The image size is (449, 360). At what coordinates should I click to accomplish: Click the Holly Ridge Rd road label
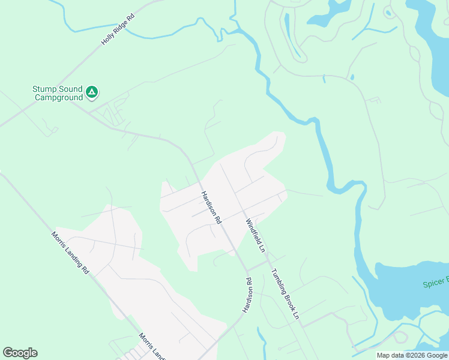tap(118, 29)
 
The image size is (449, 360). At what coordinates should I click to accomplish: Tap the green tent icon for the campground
tap(92, 92)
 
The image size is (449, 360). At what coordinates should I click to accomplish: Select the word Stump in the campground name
tap(43, 89)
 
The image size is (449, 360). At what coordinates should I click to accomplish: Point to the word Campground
tap(59, 97)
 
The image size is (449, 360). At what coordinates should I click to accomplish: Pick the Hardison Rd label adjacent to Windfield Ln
tap(211, 208)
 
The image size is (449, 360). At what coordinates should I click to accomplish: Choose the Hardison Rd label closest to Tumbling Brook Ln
tap(247, 295)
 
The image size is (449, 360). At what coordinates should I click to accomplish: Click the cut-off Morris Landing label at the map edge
tap(152, 346)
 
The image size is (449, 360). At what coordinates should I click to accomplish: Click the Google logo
tap(20, 353)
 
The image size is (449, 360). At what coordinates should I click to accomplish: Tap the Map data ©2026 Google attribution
tap(411, 355)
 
